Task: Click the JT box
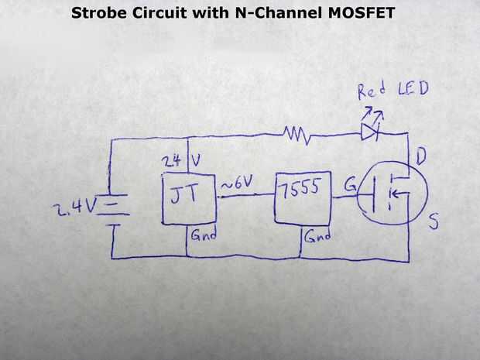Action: click(x=187, y=199)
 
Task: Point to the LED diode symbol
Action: click(x=370, y=133)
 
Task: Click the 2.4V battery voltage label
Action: click(x=74, y=207)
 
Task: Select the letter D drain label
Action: click(x=422, y=159)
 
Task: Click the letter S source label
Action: click(x=434, y=223)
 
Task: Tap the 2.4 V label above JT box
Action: click(x=180, y=161)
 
